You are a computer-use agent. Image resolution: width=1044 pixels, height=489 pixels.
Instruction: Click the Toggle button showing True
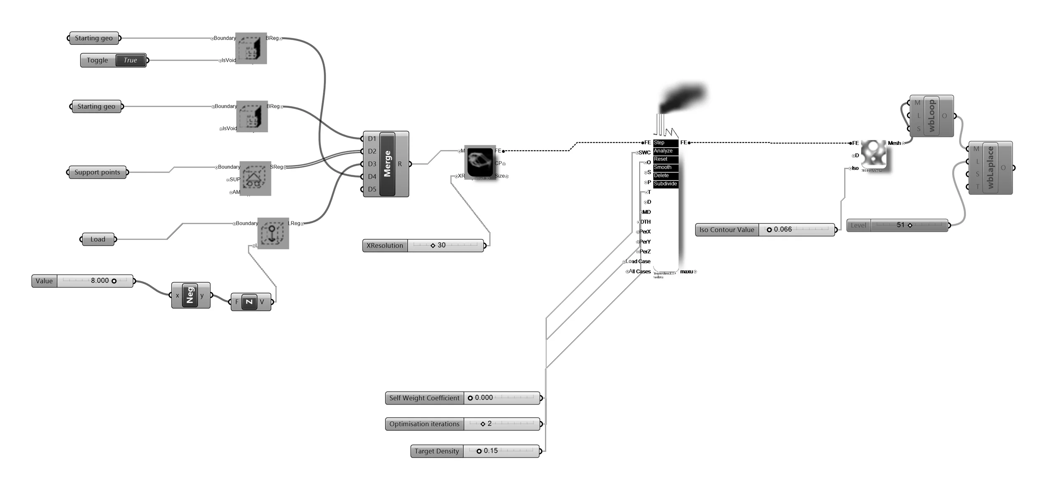coord(130,60)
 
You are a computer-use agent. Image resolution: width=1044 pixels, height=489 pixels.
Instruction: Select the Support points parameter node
coord(97,172)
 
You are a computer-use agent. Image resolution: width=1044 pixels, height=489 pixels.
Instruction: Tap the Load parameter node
coord(98,239)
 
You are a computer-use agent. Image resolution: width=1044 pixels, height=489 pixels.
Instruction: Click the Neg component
coord(190,295)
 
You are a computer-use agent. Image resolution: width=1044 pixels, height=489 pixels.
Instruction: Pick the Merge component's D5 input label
coord(372,189)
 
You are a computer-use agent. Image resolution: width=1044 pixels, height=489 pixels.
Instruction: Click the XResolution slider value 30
coord(441,245)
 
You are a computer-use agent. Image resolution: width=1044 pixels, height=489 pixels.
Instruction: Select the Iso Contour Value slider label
coord(727,230)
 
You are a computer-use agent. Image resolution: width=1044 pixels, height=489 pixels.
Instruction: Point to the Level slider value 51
coord(900,225)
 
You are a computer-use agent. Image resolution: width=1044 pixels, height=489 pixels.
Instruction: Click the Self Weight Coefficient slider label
coord(424,398)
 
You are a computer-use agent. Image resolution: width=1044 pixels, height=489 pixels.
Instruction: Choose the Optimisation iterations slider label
coord(424,424)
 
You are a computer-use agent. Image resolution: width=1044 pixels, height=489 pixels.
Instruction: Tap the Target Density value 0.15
coord(491,451)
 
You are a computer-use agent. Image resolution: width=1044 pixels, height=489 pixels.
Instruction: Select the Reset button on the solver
coord(661,159)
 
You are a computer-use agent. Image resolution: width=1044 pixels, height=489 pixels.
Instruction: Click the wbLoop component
coord(931,116)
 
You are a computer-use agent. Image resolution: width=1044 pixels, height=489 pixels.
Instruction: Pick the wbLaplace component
coord(990,167)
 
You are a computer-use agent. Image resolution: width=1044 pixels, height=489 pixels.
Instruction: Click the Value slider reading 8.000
coord(100,281)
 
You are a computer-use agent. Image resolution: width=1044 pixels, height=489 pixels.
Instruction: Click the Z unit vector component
coord(249,302)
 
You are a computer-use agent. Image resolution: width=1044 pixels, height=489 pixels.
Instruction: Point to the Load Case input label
coord(638,261)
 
